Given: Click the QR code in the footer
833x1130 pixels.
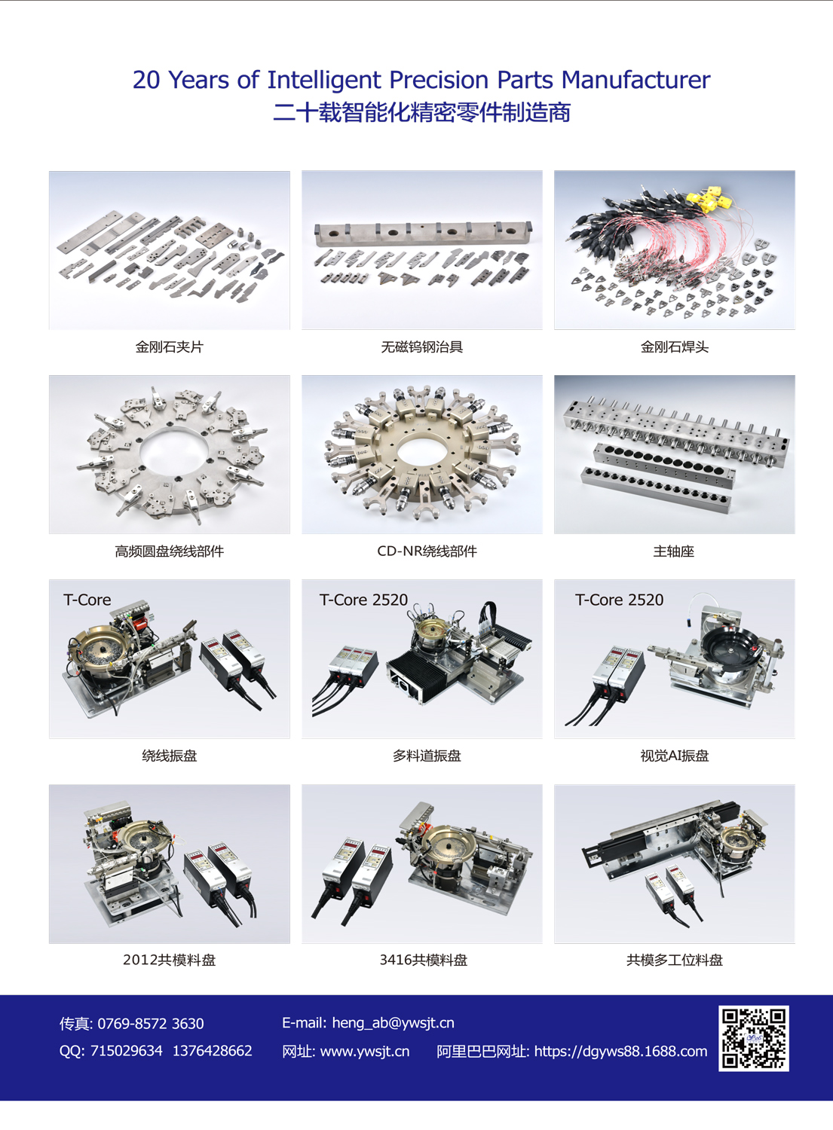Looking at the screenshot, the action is point(754,1038).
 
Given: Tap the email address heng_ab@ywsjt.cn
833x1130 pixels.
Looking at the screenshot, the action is point(394,1022).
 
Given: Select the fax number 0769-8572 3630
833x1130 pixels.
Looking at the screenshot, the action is point(151,1023).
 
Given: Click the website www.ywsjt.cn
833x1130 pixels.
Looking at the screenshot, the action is point(365,1051).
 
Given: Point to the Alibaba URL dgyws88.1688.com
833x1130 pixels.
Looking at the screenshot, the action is point(620,1051).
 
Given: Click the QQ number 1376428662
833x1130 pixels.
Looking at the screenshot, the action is point(213,1050).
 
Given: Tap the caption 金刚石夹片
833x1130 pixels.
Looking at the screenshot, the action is point(169,347).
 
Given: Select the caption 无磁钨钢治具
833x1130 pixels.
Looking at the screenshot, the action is point(422,347).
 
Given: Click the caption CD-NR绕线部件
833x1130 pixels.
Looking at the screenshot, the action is point(427,551).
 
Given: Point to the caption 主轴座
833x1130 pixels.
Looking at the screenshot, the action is point(674,551).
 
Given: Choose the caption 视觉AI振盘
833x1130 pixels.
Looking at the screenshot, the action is point(675,756).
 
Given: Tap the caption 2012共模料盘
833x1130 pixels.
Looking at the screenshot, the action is point(169,960).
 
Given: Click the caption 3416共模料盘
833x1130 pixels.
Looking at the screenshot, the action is point(424,960).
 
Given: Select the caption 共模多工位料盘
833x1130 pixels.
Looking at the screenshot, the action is point(675,960).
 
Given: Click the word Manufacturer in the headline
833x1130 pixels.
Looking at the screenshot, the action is point(635,80).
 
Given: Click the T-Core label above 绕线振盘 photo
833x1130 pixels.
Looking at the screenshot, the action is point(87,600).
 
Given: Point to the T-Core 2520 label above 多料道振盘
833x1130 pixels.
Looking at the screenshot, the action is point(363,600).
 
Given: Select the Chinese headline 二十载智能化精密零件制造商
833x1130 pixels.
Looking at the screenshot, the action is point(422,112).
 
